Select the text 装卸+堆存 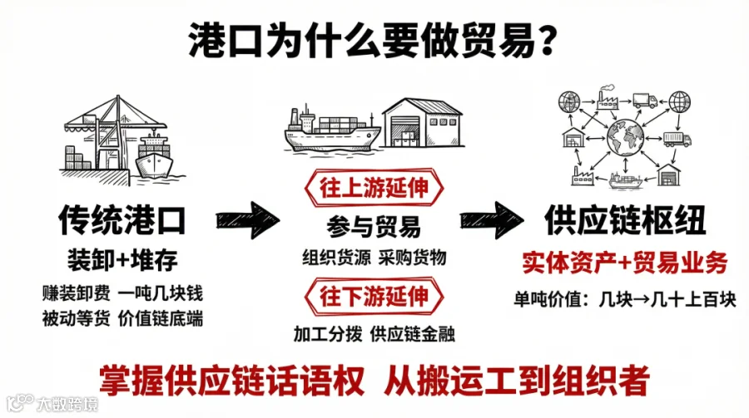[122, 260]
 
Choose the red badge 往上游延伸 [374, 189]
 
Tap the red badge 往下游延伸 [374, 296]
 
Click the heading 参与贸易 [374, 226]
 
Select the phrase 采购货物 [414, 258]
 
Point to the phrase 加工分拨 [328, 334]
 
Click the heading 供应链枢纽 [625, 221]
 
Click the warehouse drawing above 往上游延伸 [421, 125]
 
